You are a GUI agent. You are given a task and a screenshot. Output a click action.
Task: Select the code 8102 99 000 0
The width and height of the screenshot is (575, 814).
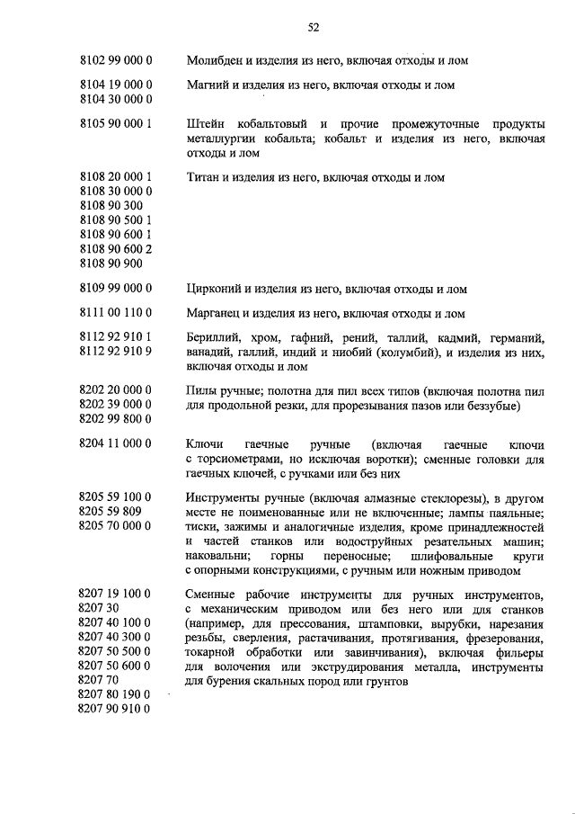pyautogui.click(x=115, y=60)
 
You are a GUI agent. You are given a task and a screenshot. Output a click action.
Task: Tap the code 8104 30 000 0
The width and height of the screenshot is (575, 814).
pyautogui.click(x=115, y=100)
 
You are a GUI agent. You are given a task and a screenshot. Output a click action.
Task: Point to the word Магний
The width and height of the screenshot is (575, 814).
pyautogui.click(x=208, y=85)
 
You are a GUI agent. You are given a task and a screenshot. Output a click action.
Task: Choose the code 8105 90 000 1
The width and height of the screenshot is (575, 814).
pyautogui.click(x=115, y=122)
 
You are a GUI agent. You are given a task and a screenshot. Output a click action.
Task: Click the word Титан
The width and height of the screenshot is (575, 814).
pyautogui.click(x=204, y=177)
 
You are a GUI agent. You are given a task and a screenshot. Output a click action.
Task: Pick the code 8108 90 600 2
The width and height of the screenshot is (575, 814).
pyautogui.click(x=115, y=249)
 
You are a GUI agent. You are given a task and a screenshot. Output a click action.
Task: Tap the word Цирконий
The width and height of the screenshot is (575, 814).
pyautogui.click(x=214, y=289)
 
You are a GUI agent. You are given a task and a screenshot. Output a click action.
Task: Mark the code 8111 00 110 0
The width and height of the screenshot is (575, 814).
pyautogui.click(x=115, y=314)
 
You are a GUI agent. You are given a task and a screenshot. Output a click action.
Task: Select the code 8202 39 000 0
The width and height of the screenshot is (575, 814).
pyautogui.click(x=115, y=405)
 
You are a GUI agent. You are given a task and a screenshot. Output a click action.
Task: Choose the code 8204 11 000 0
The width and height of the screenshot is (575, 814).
pyautogui.click(x=115, y=444)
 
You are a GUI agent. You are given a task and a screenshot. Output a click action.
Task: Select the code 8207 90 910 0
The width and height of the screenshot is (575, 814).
pyautogui.click(x=115, y=709)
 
